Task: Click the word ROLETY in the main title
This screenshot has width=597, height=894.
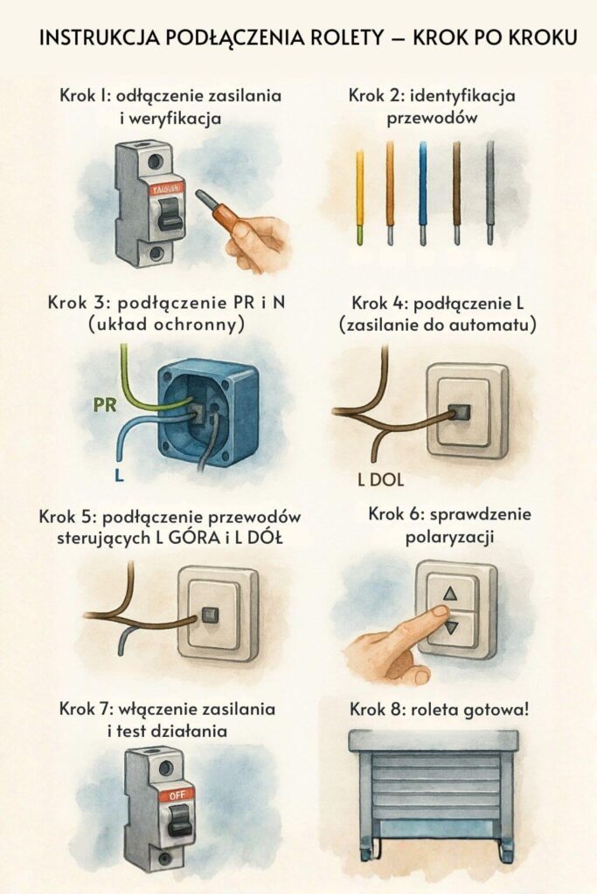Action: point(346,38)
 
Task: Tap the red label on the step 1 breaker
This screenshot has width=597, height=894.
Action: point(167,189)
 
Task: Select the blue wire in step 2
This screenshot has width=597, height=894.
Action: point(422,193)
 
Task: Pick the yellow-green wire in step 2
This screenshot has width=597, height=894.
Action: point(359,197)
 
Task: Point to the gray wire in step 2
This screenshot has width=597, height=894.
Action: point(489,193)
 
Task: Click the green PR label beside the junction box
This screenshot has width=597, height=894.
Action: point(104,405)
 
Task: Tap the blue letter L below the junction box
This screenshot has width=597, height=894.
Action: point(119,474)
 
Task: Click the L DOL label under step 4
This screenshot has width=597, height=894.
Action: point(380,479)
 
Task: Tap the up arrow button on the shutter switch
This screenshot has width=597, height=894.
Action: point(451,594)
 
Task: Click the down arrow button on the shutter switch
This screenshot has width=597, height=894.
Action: point(451,629)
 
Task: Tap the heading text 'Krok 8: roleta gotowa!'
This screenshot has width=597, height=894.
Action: point(439,710)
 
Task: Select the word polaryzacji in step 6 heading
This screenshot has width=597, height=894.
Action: point(449,537)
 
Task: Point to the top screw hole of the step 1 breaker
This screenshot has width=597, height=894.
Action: point(155,162)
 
